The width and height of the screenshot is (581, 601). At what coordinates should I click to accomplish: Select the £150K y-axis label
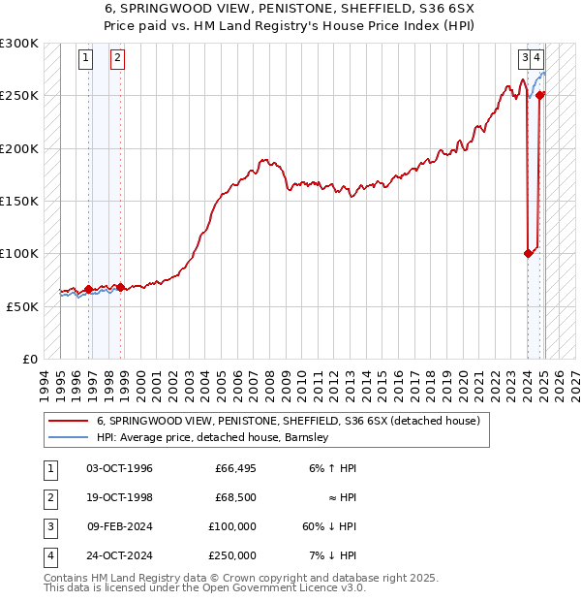19,202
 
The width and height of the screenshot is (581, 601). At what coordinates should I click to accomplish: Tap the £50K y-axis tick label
22,306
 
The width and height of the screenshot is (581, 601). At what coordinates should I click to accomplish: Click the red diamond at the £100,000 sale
528,254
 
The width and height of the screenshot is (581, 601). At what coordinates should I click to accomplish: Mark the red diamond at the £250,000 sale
540,95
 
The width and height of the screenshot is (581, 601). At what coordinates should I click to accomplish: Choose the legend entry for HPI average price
213,437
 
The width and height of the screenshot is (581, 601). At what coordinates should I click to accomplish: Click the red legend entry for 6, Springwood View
281,421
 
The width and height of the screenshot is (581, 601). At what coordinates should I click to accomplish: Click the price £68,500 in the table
235,497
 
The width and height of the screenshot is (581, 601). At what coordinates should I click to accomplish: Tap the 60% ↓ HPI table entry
330,526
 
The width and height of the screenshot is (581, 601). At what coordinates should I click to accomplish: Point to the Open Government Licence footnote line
205,587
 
